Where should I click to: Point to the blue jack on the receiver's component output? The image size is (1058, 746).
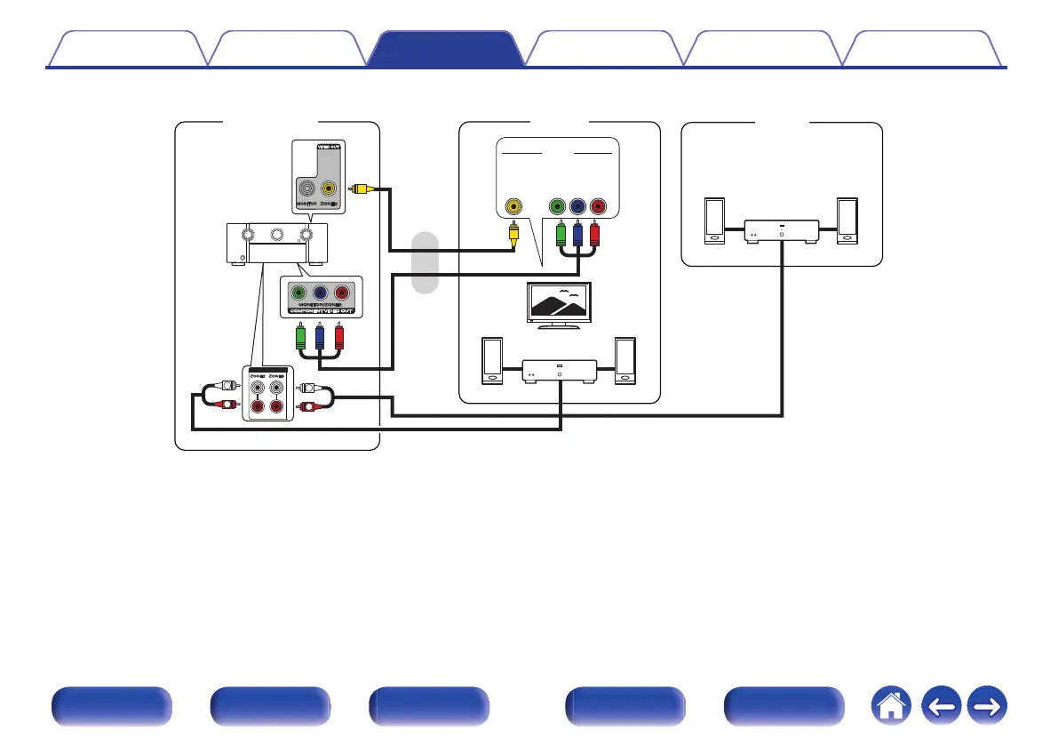point(320,293)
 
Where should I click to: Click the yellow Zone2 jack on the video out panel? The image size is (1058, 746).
point(330,189)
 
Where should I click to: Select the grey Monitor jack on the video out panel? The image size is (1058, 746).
point(306,189)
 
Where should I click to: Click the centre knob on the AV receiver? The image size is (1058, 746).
point(276,236)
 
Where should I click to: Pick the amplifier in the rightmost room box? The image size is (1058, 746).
point(781,230)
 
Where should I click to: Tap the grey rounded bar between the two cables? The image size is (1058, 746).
point(426,262)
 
